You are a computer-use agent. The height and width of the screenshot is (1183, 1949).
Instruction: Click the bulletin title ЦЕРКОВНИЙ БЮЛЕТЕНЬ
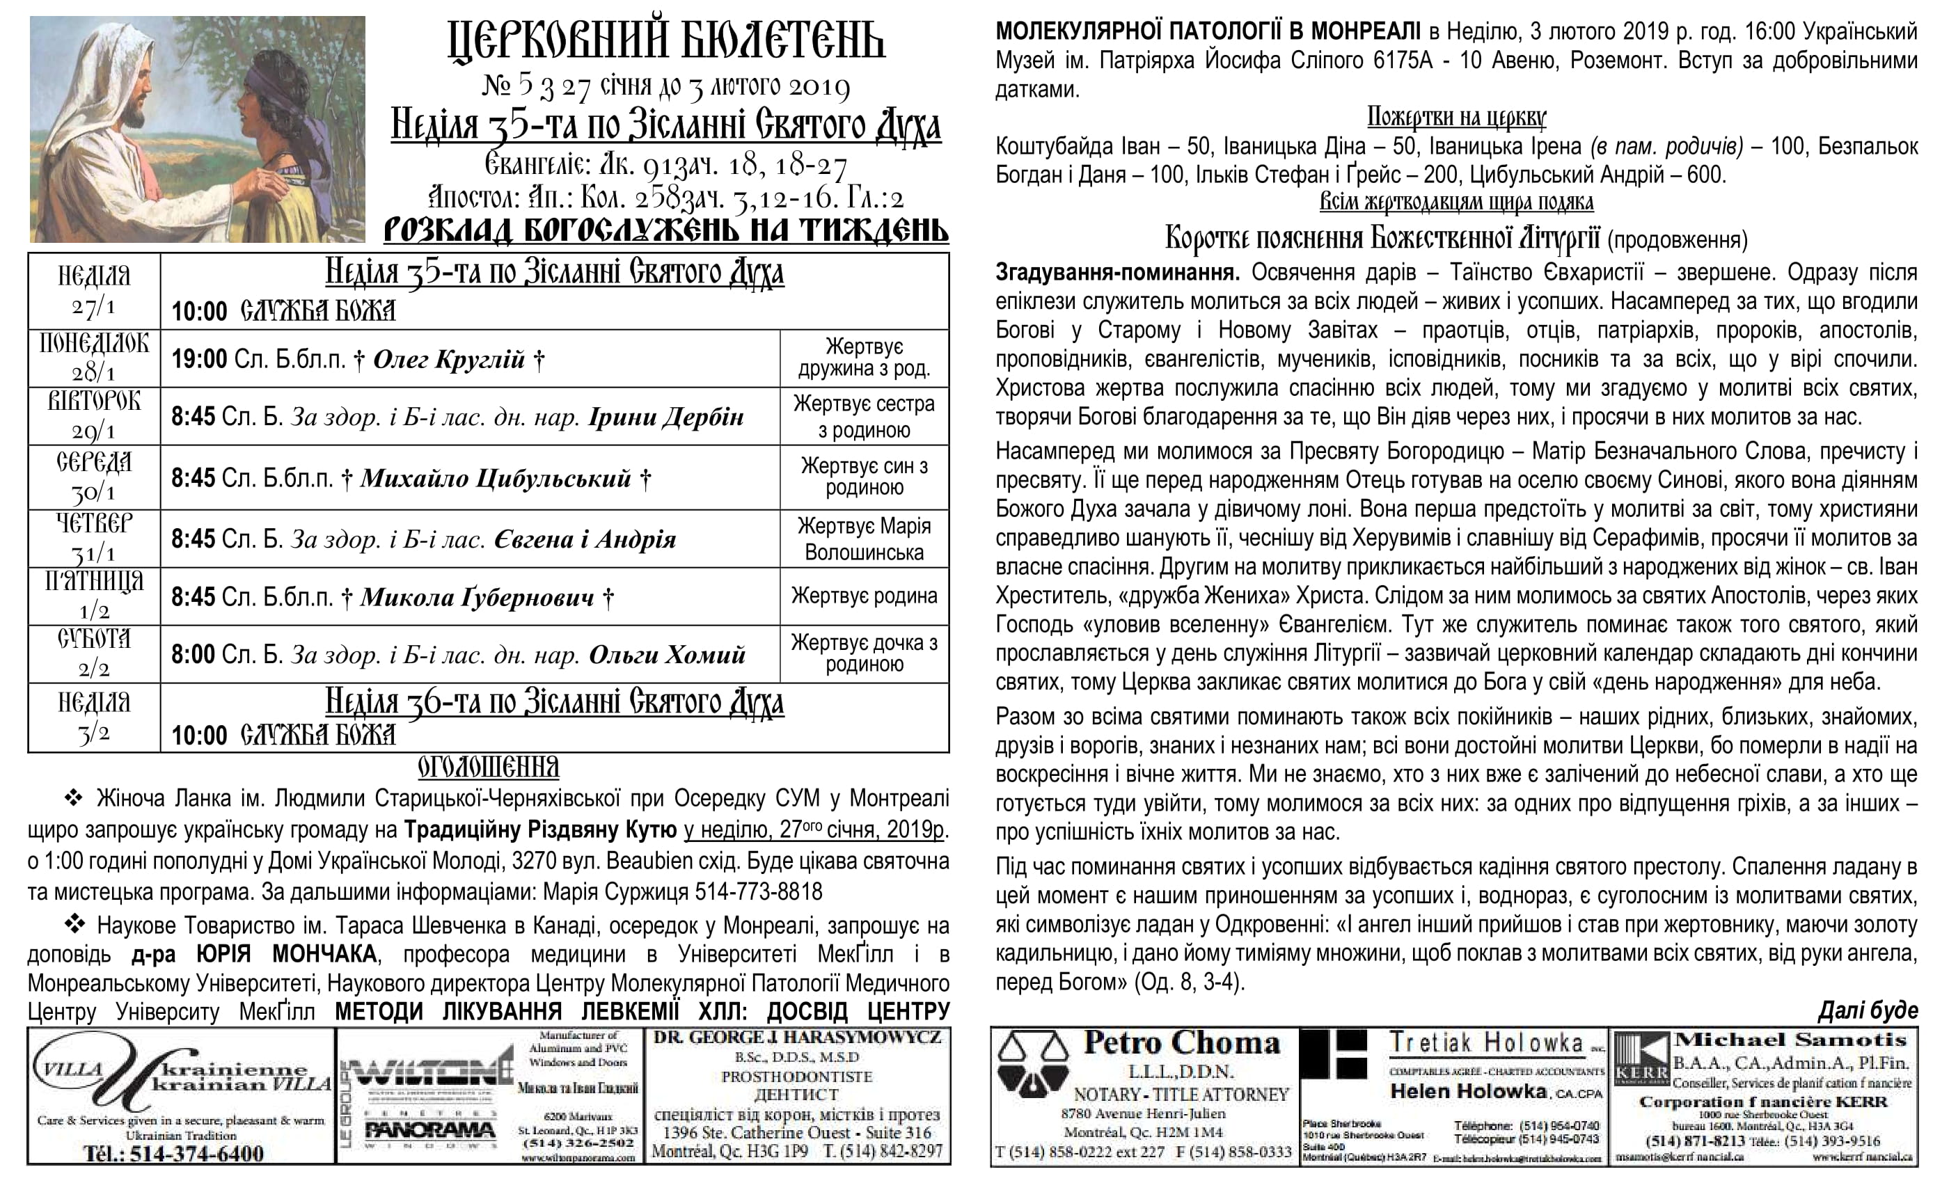666,41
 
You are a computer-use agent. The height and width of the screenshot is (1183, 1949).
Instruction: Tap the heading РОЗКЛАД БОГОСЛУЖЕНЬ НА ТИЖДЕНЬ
666,230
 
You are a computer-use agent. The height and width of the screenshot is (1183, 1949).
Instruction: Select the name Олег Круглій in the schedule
448,360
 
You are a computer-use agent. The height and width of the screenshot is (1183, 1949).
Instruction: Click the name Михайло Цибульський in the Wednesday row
496,479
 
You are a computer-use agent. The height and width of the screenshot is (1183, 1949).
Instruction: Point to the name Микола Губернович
477,597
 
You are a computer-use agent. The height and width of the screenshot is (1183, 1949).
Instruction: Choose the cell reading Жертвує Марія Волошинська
864,539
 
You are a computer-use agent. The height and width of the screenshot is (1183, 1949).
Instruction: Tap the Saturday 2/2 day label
94,654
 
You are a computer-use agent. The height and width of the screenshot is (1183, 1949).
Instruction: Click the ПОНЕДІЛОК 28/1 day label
94,358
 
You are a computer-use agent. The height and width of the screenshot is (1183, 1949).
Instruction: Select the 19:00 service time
199,360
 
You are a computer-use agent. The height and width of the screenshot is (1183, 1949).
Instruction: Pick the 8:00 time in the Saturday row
193,655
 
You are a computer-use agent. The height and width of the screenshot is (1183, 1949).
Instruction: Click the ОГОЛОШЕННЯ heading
488,767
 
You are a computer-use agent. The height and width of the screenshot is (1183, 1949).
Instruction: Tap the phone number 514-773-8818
758,892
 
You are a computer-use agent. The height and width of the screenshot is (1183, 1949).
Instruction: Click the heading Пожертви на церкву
1456,118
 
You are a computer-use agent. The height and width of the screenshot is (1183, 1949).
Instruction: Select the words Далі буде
1868,1010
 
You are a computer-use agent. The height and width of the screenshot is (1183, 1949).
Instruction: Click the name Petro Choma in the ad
1182,1043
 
